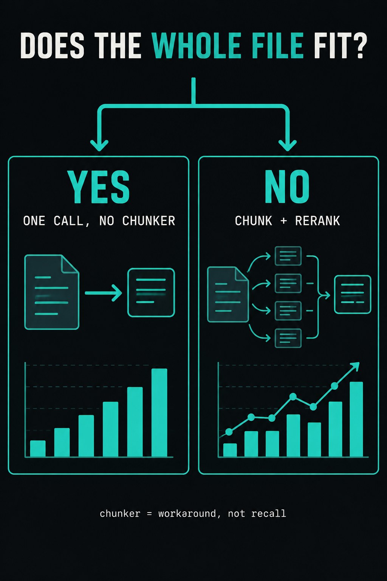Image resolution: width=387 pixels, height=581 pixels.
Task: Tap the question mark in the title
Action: pyautogui.click(x=358, y=45)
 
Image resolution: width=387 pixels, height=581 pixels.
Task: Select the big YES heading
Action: pyautogui.click(x=99, y=187)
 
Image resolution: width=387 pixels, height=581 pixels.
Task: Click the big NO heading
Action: pyautogui.click(x=287, y=187)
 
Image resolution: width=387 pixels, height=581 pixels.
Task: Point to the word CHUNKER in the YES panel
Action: pyautogui.click(x=149, y=221)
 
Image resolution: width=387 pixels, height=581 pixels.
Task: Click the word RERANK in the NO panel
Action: pyautogui.click(x=317, y=221)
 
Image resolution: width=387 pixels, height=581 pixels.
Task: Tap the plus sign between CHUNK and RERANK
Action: pyautogui.click(x=283, y=221)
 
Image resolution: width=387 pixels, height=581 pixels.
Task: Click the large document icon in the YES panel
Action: pyautogui.click(x=51, y=292)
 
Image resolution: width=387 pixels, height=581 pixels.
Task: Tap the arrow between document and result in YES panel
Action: pyautogui.click(x=104, y=293)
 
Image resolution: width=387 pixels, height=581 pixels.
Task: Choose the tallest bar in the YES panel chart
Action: pyautogui.click(x=159, y=412)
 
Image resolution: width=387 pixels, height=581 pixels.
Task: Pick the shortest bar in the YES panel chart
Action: pyautogui.click(x=38, y=449)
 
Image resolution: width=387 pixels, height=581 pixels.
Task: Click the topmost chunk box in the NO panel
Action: pyautogui.click(x=288, y=256)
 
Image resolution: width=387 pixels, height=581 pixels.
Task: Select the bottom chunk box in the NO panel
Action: pyautogui.click(x=288, y=338)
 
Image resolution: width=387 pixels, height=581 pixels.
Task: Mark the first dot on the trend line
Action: pyautogui.click(x=229, y=432)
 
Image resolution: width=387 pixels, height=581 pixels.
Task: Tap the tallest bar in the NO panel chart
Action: pyautogui.click(x=356, y=419)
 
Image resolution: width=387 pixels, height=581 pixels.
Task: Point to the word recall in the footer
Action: pyautogui.click(x=269, y=514)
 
